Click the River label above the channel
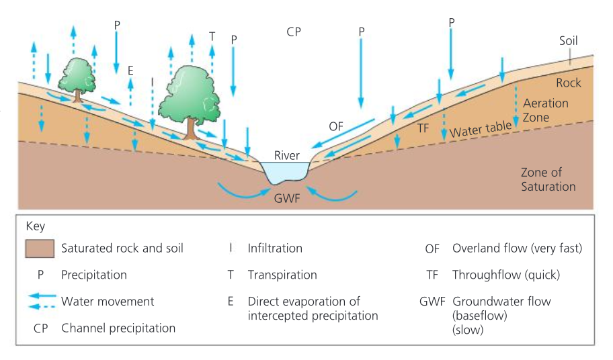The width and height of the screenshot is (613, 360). (x=287, y=155)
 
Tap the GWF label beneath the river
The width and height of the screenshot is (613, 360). (x=287, y=198)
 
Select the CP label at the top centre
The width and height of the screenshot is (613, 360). (x=293, y=32)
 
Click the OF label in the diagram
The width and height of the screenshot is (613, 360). (x=337, y=126)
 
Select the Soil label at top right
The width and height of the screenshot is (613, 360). (x=568, y=41)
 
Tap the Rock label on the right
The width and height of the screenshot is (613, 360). (x=568, y=83)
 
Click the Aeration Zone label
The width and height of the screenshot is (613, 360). (x=545, y=110)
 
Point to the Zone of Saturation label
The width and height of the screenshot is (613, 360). (x=548, y=179)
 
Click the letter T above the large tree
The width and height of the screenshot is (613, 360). (x=212, y=36)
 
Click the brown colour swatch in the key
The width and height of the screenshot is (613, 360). (x=40, y=248)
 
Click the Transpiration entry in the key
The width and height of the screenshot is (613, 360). (x=282, y=275)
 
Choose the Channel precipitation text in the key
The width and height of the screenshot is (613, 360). (x=118, y=328)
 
